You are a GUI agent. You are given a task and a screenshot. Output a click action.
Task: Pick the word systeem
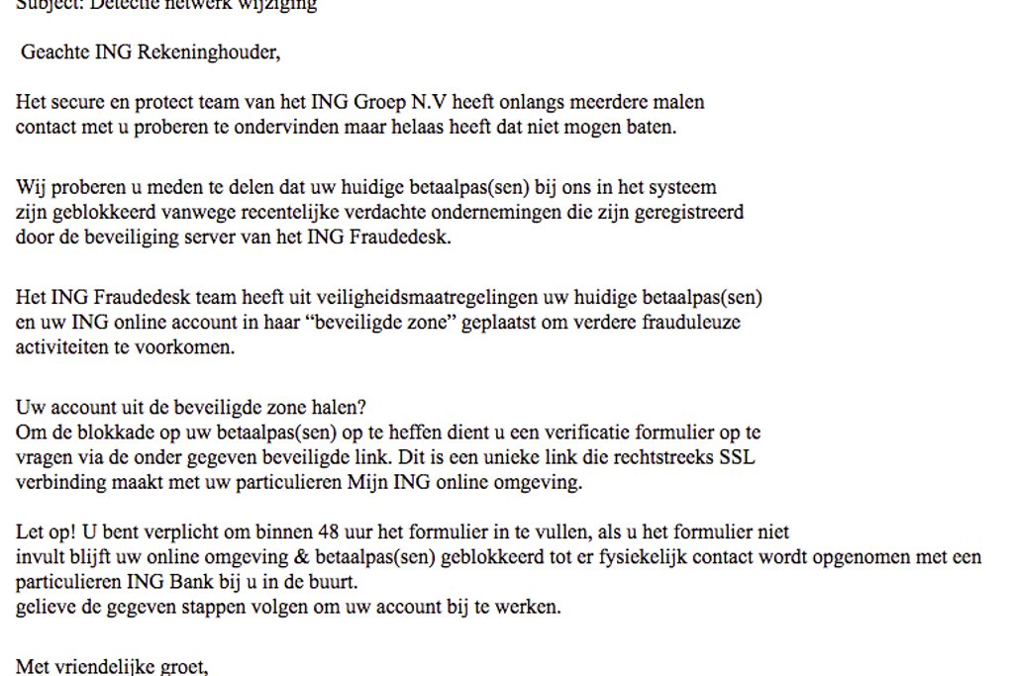[x=681, y=187]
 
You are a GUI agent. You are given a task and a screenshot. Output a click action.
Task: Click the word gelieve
[x=43, y=607]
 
